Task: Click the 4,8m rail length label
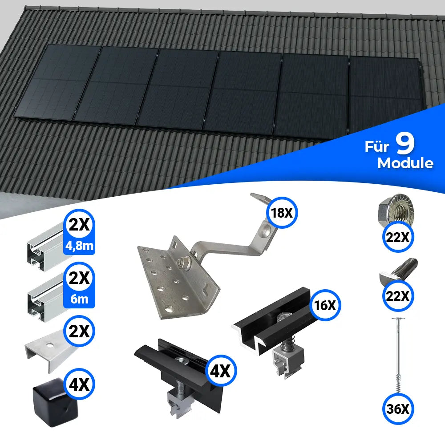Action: click(x=80, y=246)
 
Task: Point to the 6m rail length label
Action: click(x=80, y=299)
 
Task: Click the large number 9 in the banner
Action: click(x=405, y=144)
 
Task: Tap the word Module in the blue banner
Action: click(x=405, y=163)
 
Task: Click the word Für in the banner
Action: click(x=376, y=147)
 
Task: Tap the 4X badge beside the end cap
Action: click(x=80, y=383)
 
